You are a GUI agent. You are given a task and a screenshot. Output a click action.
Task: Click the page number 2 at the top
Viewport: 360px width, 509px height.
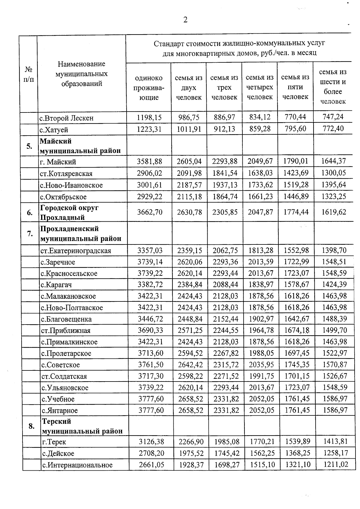pos(185,20)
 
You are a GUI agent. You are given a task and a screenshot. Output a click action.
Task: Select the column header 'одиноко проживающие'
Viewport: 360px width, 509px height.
pos(149,88)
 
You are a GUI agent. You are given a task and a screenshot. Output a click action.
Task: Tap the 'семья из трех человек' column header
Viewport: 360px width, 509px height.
pos(224,88)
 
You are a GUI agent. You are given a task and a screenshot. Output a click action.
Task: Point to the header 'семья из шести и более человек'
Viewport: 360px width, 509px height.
pos(333,87)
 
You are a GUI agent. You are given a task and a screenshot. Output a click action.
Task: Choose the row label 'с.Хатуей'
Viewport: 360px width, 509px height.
pos(54,130)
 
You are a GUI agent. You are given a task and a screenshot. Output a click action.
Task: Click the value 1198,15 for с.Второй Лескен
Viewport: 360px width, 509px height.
pos(149,117)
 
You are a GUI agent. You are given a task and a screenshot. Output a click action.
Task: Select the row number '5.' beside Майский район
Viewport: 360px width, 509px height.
pos(29,146)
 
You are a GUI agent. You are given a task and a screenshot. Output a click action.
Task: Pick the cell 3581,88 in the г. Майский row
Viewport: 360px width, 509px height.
pos(149,161)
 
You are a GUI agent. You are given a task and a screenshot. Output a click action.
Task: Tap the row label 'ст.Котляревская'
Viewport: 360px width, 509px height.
pos(66,174)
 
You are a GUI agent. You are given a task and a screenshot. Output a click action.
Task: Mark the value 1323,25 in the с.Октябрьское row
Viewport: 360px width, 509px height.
pos(334,196)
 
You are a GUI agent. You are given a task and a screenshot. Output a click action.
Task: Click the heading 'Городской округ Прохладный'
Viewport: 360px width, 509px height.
pos(69,212)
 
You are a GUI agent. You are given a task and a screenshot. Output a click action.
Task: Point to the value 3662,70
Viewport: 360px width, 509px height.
pos(150,212)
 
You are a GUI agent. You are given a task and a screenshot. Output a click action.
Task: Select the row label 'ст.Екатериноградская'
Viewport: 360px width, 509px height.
pos(76,251)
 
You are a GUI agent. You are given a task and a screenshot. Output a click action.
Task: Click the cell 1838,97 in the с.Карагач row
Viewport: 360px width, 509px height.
pos(261,285)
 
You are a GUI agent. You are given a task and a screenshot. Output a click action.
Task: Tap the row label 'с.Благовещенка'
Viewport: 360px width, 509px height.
pos(67,319)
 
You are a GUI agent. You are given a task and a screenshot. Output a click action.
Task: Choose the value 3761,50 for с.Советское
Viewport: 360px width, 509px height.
pos(151,365)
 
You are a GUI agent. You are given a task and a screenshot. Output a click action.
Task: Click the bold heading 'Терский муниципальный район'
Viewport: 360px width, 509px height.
pos(82,426)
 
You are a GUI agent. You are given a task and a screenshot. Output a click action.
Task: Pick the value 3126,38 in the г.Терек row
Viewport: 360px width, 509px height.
pos(151,442)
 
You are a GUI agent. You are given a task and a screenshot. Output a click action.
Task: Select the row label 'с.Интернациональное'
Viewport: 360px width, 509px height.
pos(77,465)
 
